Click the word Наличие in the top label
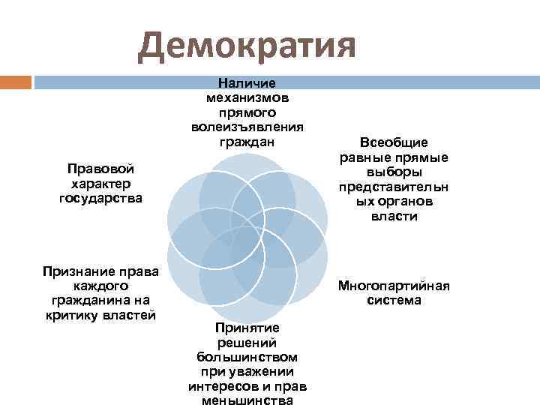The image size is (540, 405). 247,82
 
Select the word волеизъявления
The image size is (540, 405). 247,127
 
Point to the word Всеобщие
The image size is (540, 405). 394,142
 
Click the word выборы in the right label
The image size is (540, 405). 394,172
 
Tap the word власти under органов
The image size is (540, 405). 394,216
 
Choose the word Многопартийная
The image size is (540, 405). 394,286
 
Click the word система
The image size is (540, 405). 394,300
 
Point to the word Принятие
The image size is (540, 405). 247,328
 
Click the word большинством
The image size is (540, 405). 247,357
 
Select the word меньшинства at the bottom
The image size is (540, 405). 247,400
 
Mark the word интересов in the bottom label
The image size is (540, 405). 223,385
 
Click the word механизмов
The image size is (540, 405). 247,97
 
